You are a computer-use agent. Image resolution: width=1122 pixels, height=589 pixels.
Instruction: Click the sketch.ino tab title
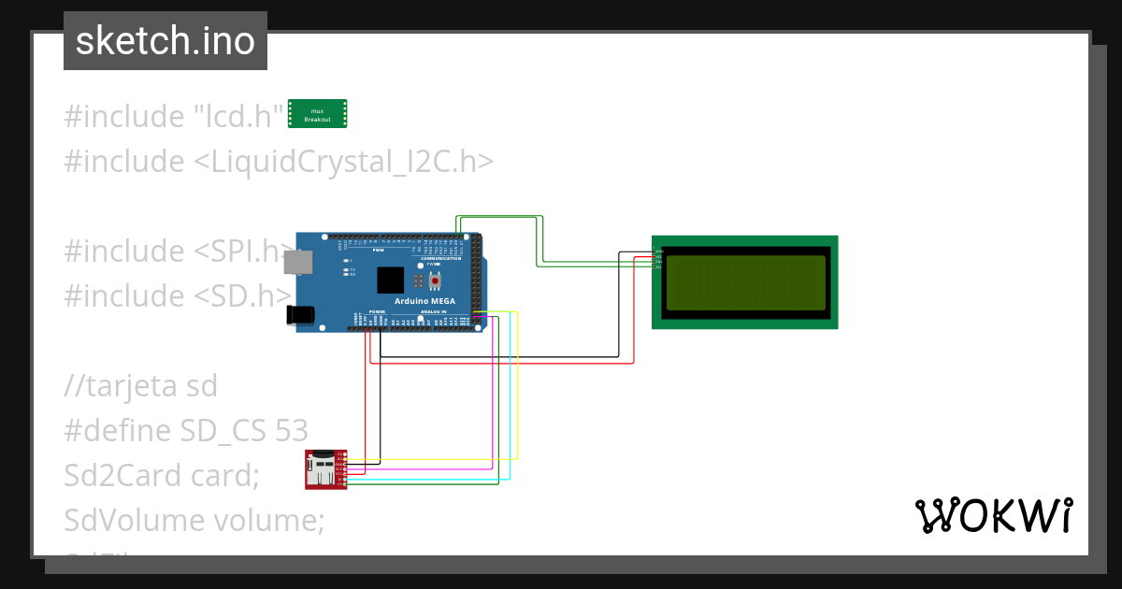pyautogui.click(x=165, y=41)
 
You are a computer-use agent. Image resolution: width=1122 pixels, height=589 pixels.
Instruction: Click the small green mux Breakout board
pyautogui.click(x=317, y=114)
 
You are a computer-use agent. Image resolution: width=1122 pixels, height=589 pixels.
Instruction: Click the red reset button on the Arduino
pyautogui.click(x=435, y=280)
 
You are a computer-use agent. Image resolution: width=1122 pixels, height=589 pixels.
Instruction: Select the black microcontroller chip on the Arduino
pyautogui.click(x=390, y=280)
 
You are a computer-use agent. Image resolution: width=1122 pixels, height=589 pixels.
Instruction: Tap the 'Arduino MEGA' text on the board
pyautogui.click(x=424, y=301)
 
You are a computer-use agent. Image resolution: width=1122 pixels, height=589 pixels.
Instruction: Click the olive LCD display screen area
pyautogui.click(x=744, y=282)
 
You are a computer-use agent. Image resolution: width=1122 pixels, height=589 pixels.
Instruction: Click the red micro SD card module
pyautogui.click(x=324, y=468)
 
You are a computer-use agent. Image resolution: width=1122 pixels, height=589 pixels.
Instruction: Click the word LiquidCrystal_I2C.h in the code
pyautogui.click(x=344, y=162)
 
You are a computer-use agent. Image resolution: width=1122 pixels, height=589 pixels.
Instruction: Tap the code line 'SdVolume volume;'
pyautogui.click(x=194, y=519)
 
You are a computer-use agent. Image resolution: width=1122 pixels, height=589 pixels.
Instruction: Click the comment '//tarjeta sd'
pyautogui.click(x=140, y=385)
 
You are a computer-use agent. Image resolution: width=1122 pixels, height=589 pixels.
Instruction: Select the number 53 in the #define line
pyautogui.click(x=292, y=430)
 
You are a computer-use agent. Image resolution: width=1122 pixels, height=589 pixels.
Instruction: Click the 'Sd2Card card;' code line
pyautogui.click(x=161, y=475)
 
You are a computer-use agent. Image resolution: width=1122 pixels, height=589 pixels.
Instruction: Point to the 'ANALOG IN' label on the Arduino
pyautogui.click(x=431, y=311)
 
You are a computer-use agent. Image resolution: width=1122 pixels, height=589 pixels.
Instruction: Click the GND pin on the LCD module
pyautogui.click(x=657, y=250)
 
